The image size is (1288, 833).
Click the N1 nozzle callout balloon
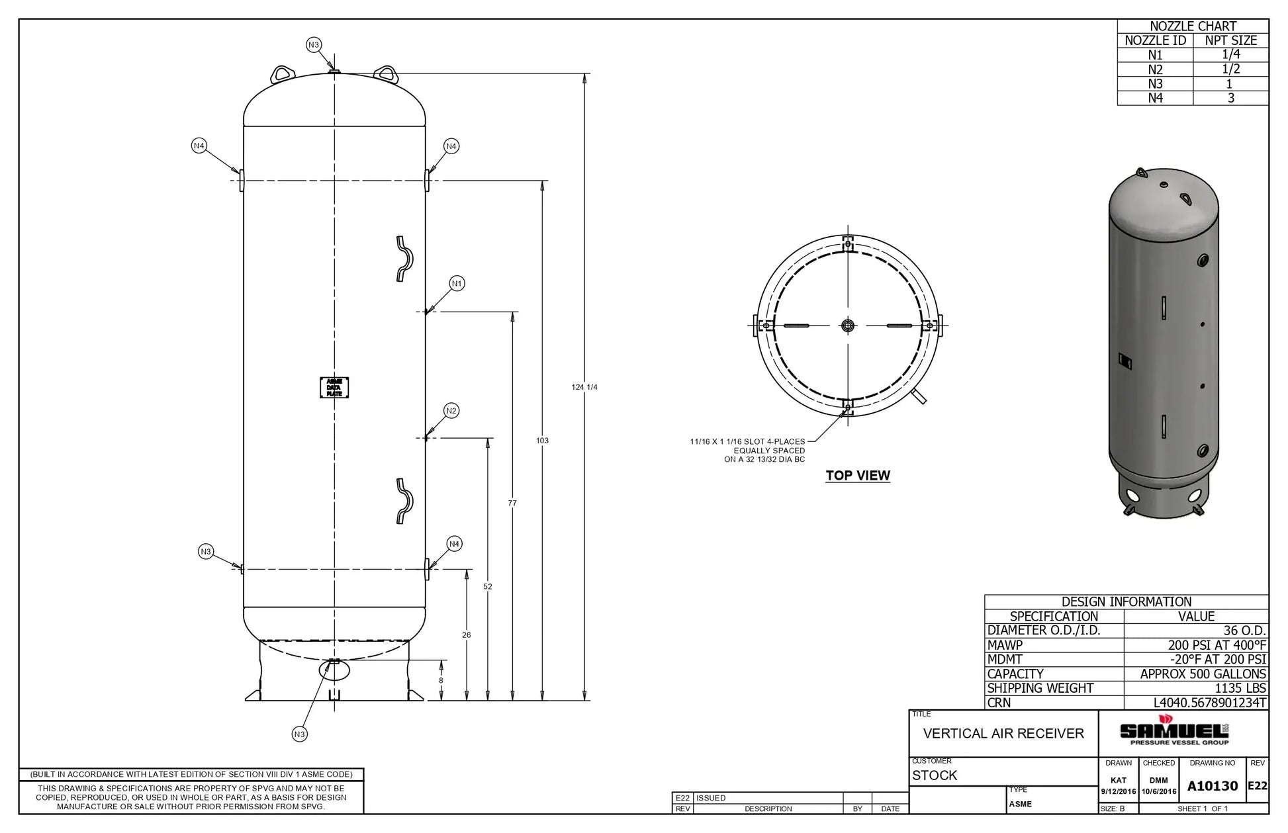[x=457, y=284]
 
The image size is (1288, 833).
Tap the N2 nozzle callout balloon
[x=451, y=411]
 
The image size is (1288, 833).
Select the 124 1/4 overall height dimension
[x=584, y=387]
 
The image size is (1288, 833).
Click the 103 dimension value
[x=542, y=441]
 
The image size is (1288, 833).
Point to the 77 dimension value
[x=512, y=504]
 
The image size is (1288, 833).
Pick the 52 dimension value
[x=488, y=587]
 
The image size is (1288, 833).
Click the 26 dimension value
[x=467, y=635]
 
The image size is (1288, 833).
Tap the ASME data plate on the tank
[x=334, y=388]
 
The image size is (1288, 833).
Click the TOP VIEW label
[x=858, y=476]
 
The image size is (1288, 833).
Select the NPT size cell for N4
[x=1230, y=98]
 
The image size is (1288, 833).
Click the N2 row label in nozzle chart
[x=1155, y=69]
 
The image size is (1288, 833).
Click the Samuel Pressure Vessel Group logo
[x=1174, y=732]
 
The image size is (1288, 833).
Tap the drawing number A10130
[x=1212, y=786]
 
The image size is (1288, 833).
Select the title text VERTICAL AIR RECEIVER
[x=1003, y=734]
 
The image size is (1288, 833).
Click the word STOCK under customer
[x=935, y=775]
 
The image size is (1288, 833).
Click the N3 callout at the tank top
[x=314, y=45]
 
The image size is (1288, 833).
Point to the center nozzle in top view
[x=848, y=325]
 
